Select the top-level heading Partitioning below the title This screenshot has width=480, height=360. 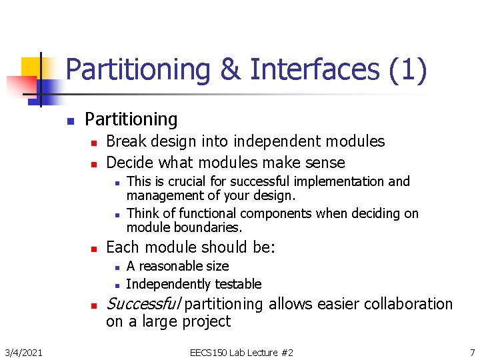[131, 119]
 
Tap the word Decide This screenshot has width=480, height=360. [129, 163]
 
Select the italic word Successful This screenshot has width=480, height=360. [143, 304]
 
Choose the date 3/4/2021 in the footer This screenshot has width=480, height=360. [24, 352]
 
